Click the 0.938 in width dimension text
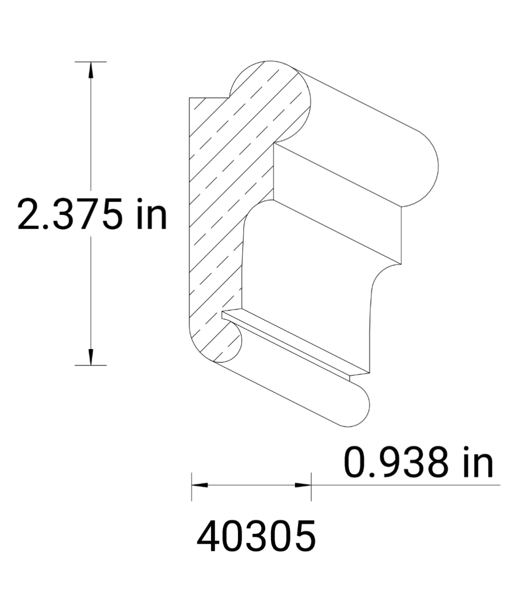click(x=418, y=463)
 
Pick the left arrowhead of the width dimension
click(x=199, y=485)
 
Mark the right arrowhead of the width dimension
click(x=303, y=485)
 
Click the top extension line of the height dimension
click(x=91, y=62)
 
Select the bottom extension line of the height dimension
click(x=91, y=365)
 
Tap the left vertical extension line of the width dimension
click(x=191, y=487)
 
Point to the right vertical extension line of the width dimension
click(x=311, y=487)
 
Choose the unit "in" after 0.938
click(x=478, y=463)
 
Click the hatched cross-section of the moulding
click(x=215, y=201)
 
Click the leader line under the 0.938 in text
click(x=406, y=485)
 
